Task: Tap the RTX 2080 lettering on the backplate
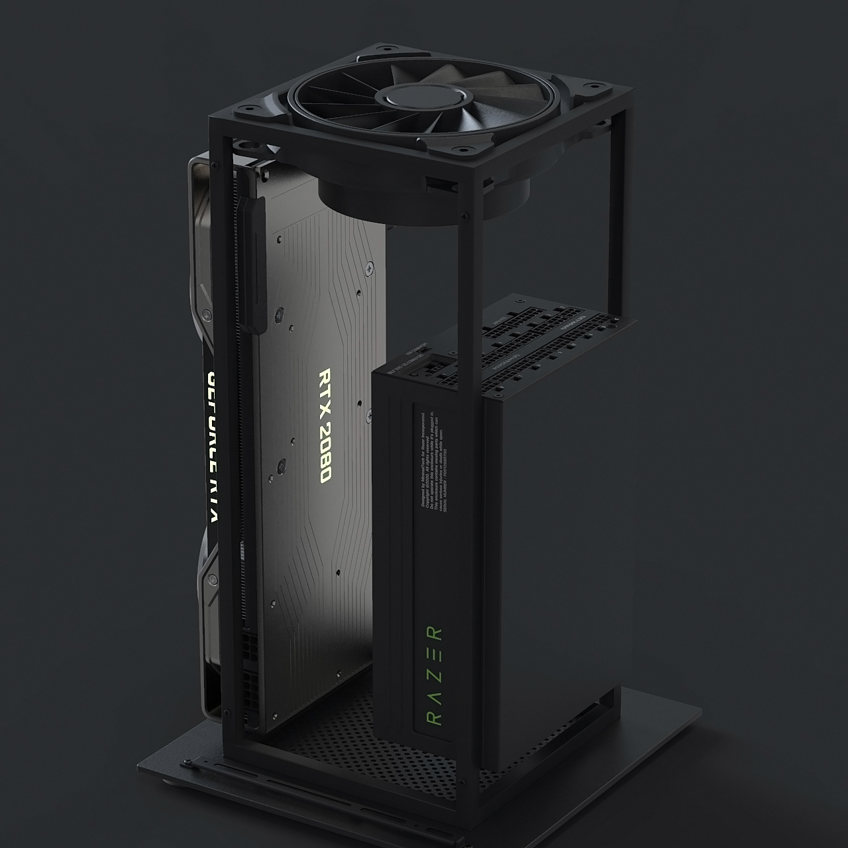(325, 425)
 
